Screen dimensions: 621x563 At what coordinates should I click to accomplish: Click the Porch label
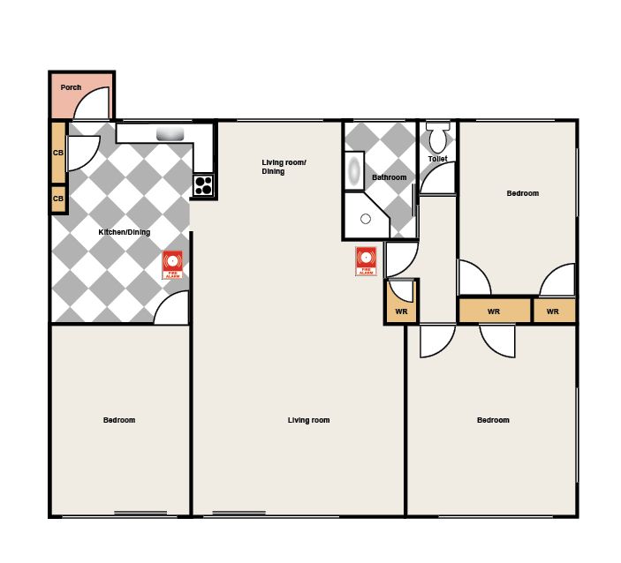pyautogui.click(x=71, y=87)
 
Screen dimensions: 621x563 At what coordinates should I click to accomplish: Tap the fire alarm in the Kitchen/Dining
pyautogui.click(x=172, y=265)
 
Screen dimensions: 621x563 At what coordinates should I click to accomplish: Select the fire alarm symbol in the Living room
pyautogui.click(x=366, y=261)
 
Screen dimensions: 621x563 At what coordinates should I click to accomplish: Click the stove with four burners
pyautogui.click(x=203, y=185)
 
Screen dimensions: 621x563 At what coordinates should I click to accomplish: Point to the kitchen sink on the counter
pyautogui.click(x=170, y=134)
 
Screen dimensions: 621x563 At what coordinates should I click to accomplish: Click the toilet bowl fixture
pyautogui.click(x=437, y=138)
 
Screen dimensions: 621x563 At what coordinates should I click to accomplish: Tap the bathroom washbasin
pyautogui.click(x=354, y=170)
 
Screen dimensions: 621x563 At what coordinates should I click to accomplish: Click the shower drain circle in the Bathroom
pyautogui.click(x=366, y=219)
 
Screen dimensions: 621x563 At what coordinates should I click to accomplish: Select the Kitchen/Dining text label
pyautogui.click(x=125, y=232)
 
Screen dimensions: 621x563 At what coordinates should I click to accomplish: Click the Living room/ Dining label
pyautogui.click(x=284, y=167)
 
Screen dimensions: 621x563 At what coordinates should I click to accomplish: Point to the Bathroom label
pyautogui.click(x=390, y=177)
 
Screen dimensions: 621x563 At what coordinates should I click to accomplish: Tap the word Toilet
pyautogui.click(x=437, y=159)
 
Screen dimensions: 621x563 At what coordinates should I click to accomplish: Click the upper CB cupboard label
pyautogui.click(x=58, y=153)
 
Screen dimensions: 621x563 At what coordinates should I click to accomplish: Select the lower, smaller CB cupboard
pyautogui.click(x=58, y=199)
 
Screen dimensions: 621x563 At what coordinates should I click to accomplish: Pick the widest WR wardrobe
pyautogui.click(x=495, y=311)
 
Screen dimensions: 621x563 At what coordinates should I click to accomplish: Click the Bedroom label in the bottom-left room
pyautogui.click(x=119, y=420)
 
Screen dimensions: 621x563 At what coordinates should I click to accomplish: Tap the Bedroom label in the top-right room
pyautogui.click(x=523, y=193)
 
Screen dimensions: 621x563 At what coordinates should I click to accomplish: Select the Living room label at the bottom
pyautogui.click(x=308, y=420)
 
